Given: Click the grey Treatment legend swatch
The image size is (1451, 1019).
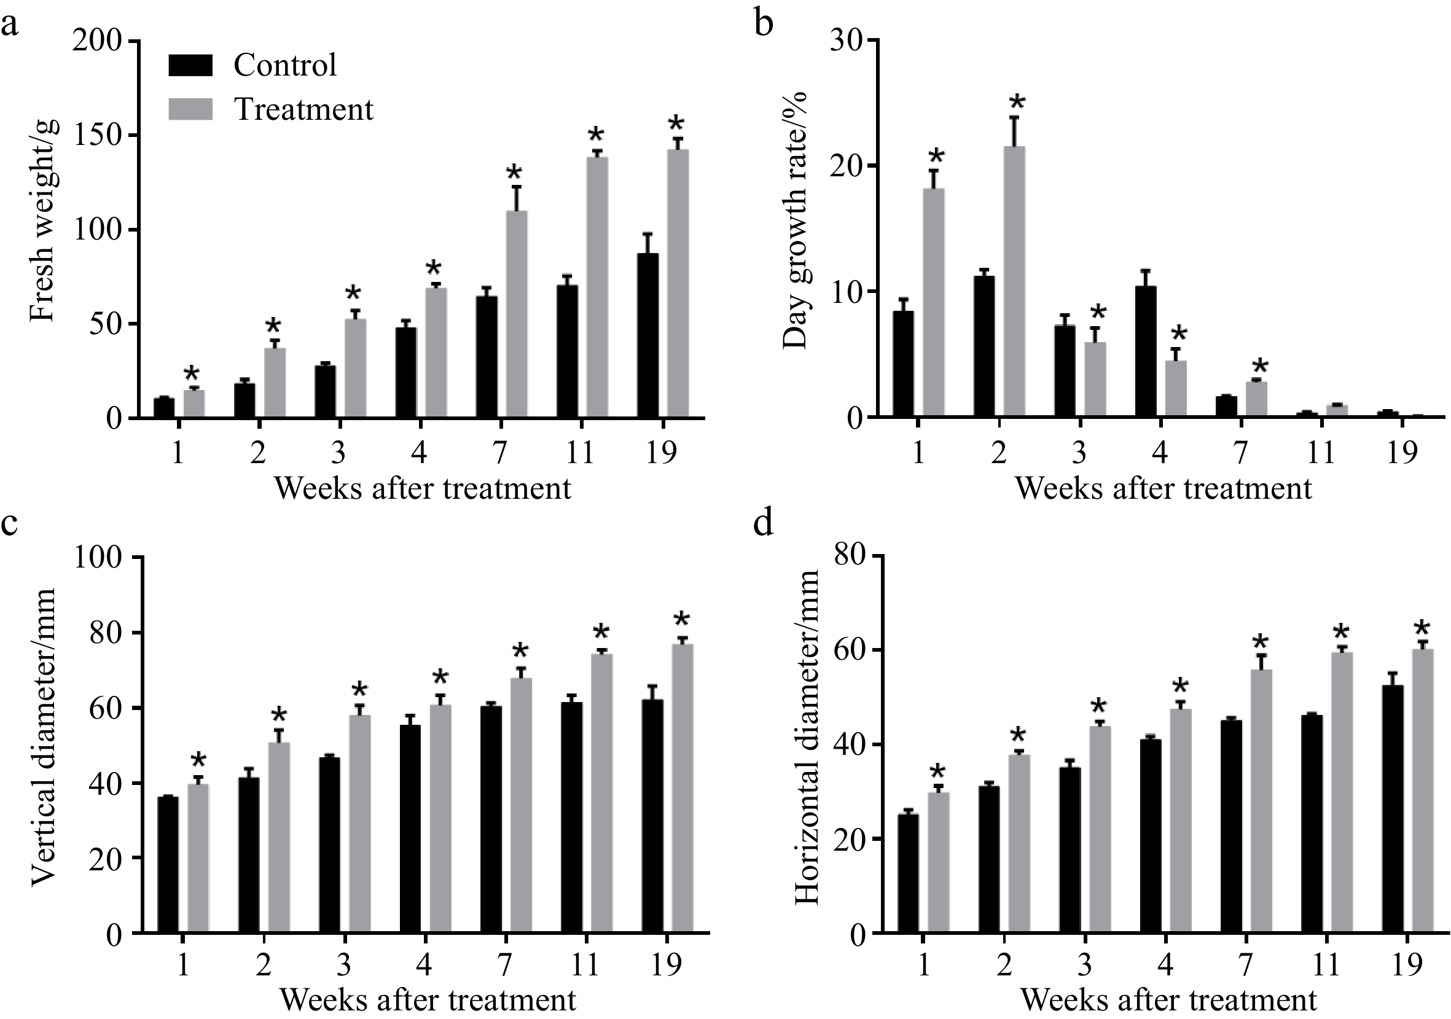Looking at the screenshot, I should click(190, 109).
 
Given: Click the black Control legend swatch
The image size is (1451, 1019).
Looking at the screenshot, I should click(190, 65).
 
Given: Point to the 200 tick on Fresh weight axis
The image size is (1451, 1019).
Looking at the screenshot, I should click(97, 42).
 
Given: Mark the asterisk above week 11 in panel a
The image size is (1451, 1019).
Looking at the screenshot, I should click(596, 135).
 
